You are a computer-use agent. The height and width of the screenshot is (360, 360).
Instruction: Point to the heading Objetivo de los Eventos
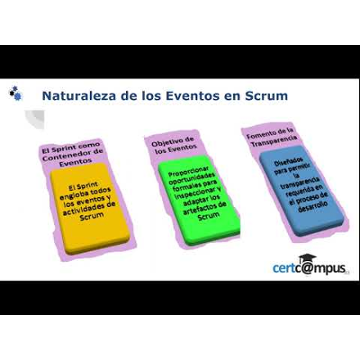click(x=174, y=144)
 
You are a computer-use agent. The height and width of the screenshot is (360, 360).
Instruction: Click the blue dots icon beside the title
click(x=15, y=92)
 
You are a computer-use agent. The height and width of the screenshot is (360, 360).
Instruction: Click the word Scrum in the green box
click(x=208, y=215)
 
